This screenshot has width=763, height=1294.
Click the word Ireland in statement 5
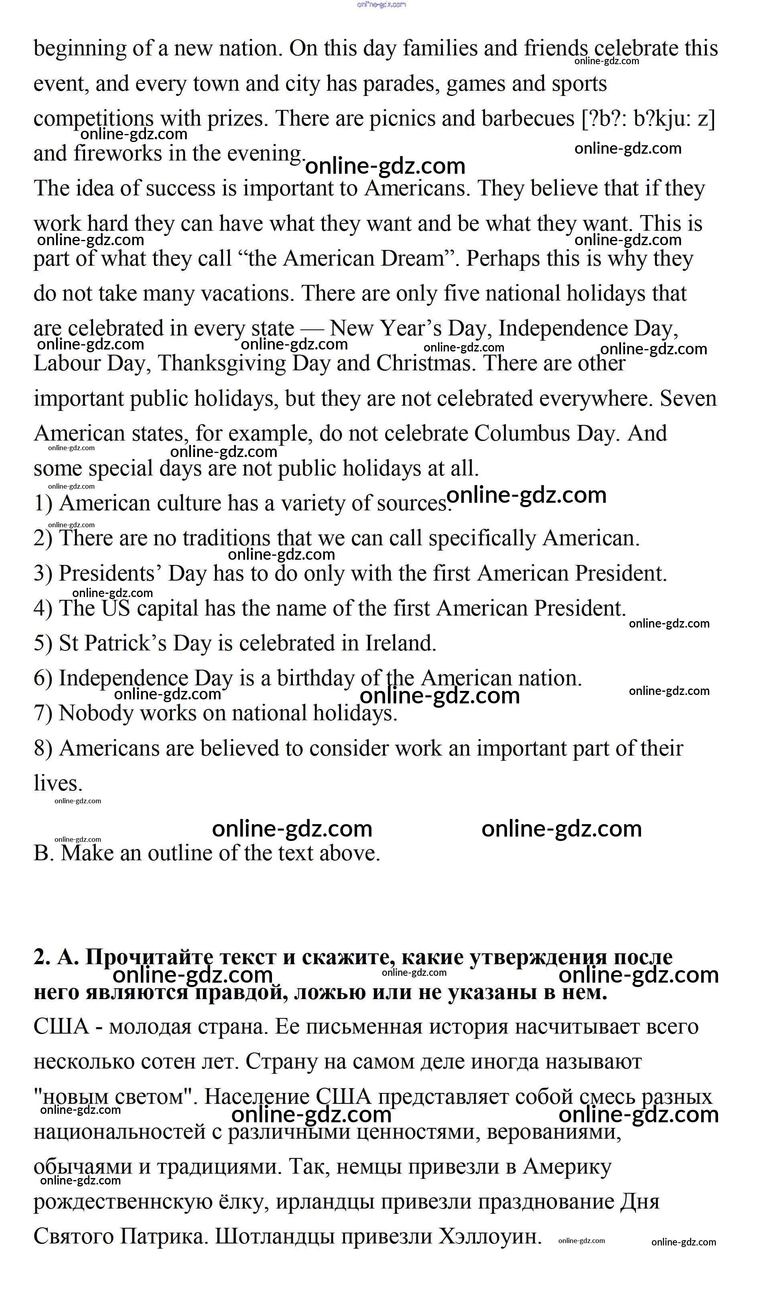[x=400, y=644]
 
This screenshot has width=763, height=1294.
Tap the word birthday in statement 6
[x=315, y=678]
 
